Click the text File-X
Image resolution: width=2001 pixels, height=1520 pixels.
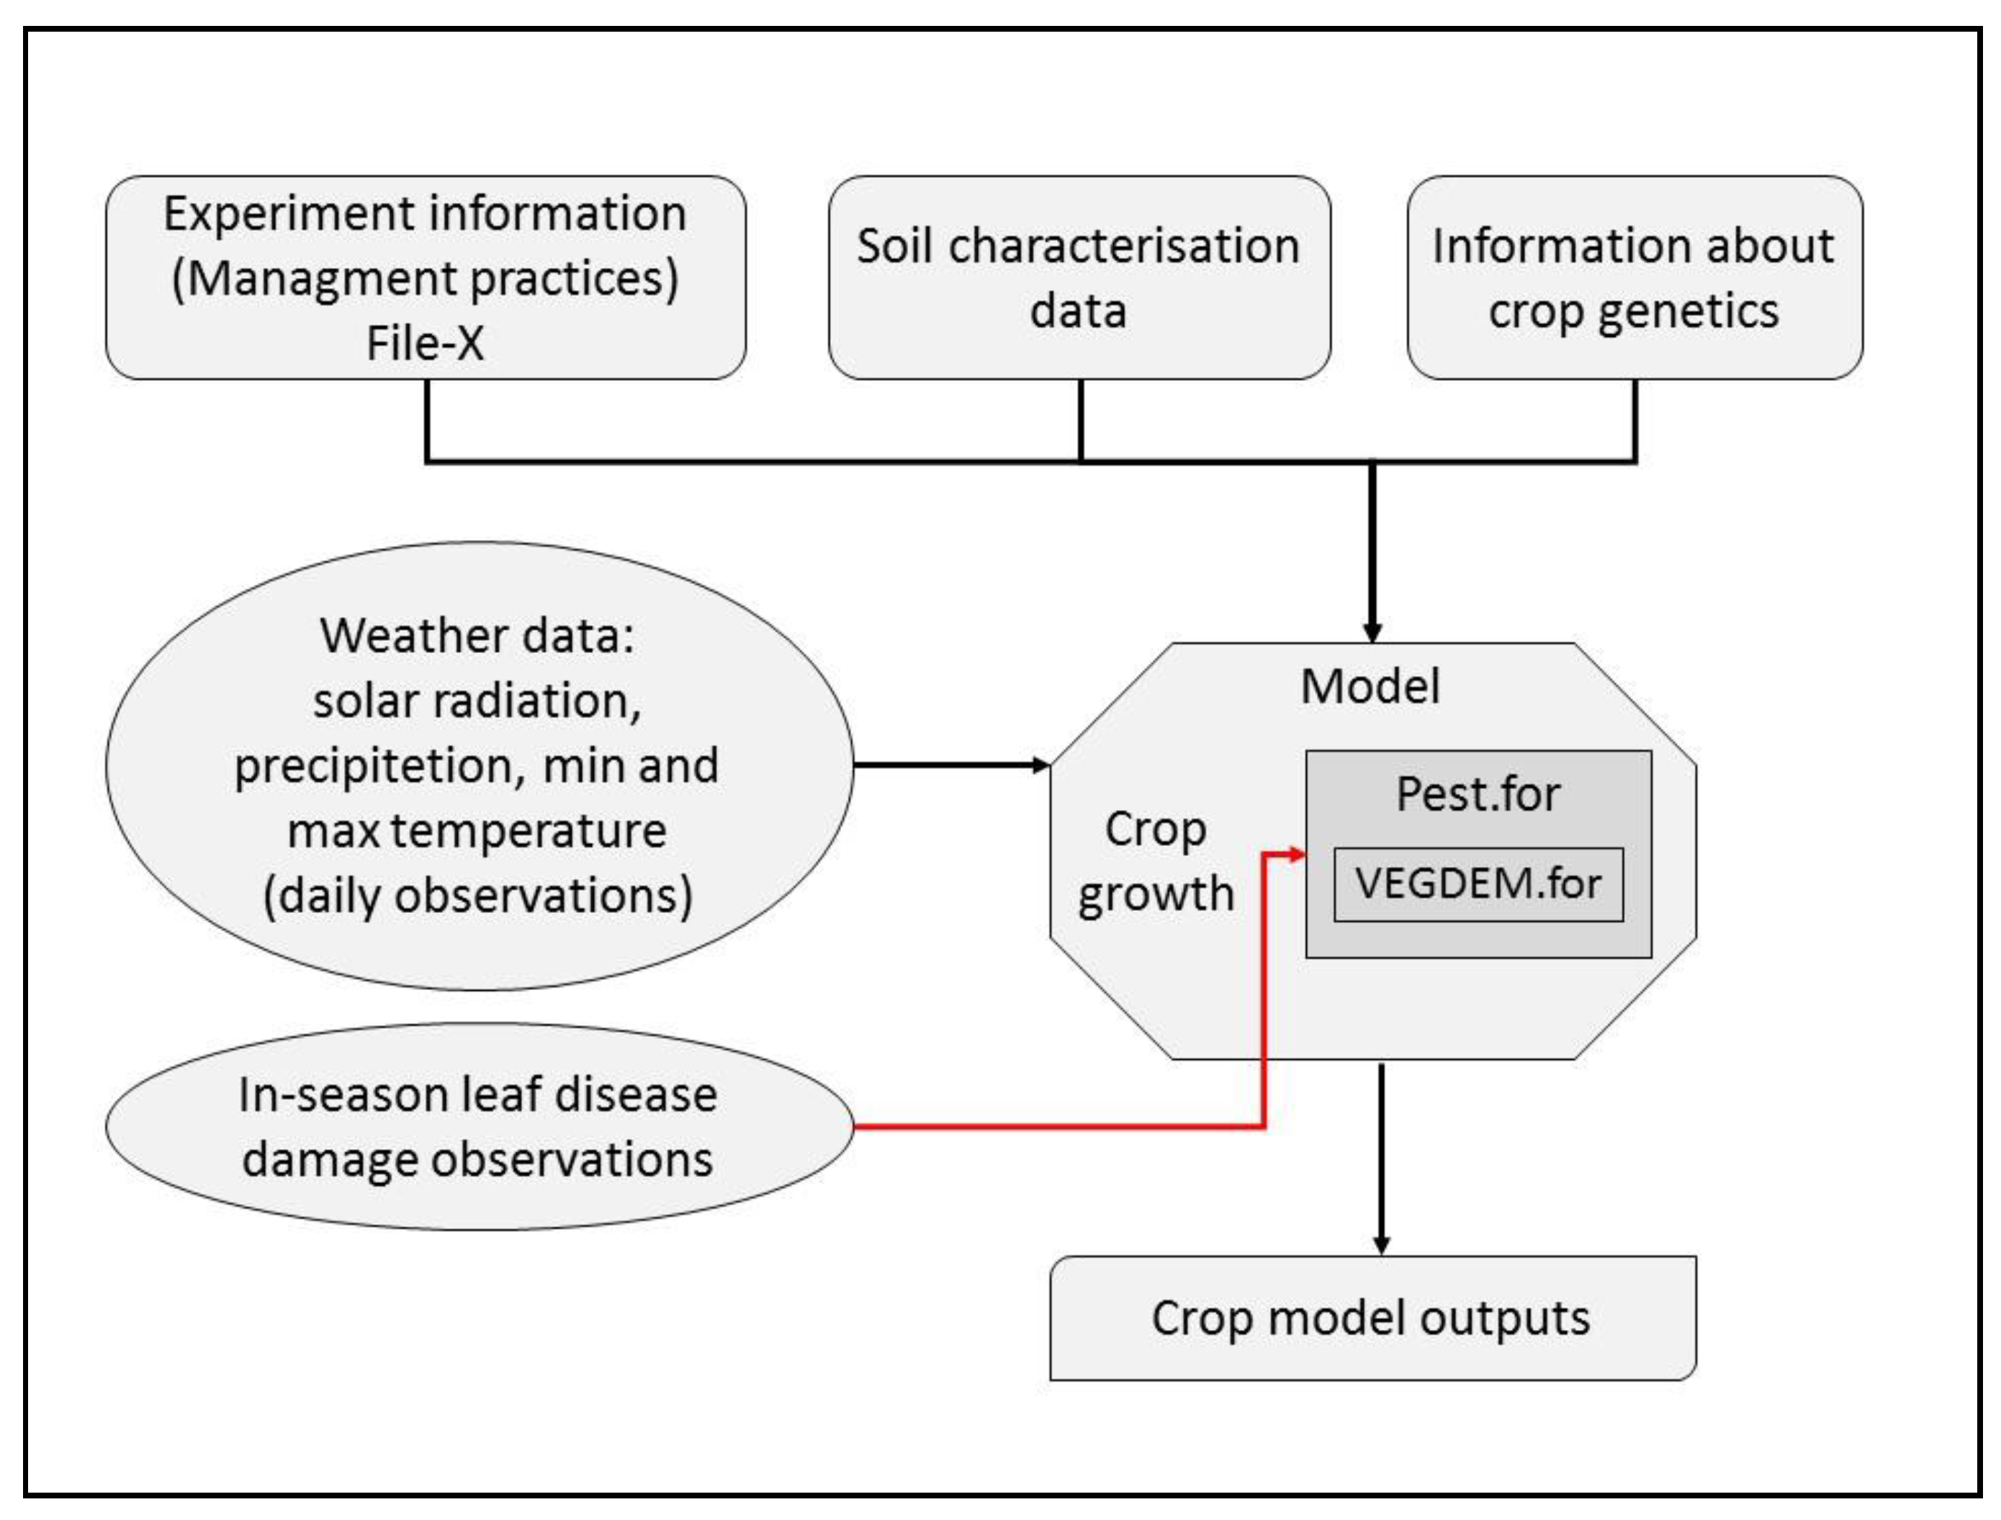424,343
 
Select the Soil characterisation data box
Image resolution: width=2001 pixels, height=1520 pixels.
1079,278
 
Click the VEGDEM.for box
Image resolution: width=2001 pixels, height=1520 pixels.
1478,884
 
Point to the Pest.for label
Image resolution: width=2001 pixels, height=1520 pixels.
1478,794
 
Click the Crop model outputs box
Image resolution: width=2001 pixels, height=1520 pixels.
1372,1318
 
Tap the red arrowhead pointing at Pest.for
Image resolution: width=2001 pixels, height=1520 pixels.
1298,854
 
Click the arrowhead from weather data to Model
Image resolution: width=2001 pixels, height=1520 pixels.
1040,765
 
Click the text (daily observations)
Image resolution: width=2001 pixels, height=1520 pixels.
477,896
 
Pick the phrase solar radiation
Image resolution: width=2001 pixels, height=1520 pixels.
477,701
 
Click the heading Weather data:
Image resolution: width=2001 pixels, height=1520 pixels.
477,636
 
